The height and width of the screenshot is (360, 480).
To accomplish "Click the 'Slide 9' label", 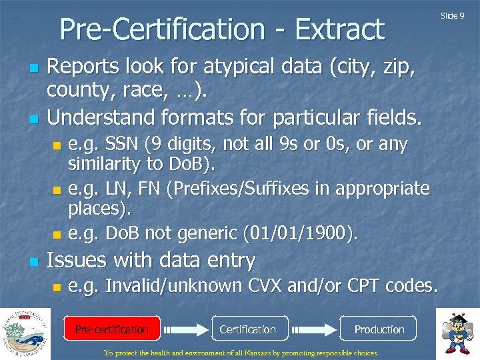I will pos(453,15).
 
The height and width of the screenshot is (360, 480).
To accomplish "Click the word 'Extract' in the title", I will pos(339,30).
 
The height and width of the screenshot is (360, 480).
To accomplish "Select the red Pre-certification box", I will pos(112,329).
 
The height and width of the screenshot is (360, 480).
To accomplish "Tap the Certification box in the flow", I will pos(247,329).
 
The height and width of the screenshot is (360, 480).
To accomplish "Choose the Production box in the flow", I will pos(379,329).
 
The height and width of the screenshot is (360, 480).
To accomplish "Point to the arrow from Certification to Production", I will pos(315,329).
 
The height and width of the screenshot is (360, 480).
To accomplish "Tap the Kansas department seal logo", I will pos(25,333).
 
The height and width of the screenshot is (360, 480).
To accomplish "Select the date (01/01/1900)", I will pos(301,234).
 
